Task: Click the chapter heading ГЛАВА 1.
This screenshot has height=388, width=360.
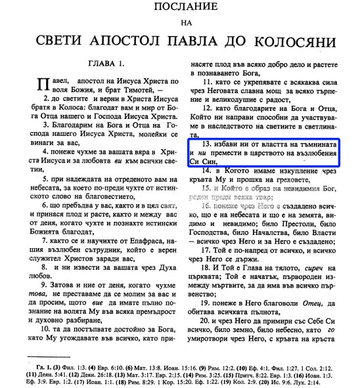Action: [x=102, y=68]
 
